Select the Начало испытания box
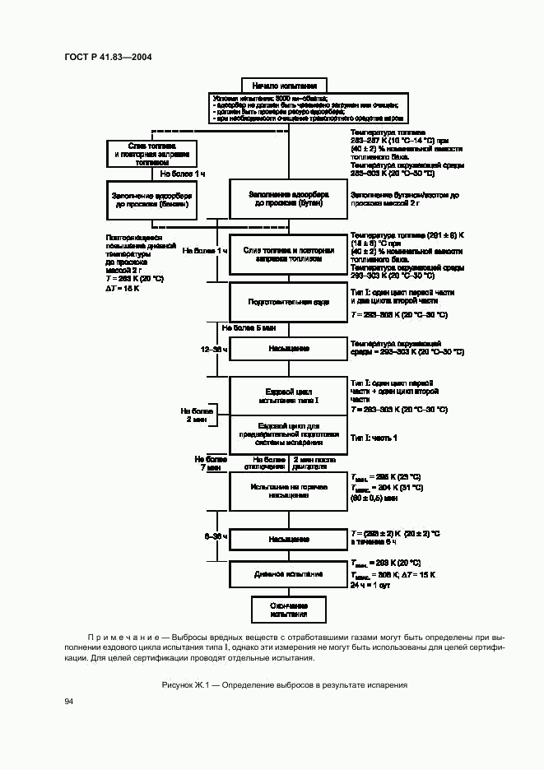285,85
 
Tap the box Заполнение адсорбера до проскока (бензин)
151,200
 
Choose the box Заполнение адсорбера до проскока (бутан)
288,199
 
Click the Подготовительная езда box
288,302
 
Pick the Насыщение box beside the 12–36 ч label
288,348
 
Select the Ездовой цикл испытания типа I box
288,396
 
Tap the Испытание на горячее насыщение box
288,492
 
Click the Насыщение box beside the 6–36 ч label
288,539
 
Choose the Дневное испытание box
288,574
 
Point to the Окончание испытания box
288,609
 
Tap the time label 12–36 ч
214,349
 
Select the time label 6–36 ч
216,536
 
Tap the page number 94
69,701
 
